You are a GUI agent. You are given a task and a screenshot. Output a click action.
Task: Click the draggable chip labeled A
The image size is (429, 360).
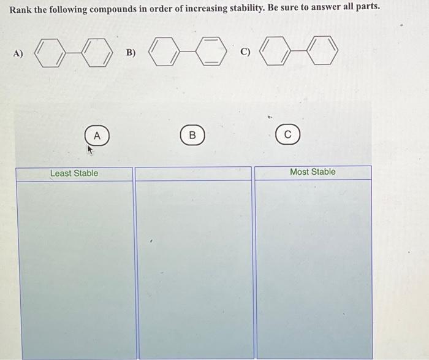tap(97, 135)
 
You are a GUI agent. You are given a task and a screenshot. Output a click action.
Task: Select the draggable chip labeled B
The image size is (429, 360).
tap(192, 135)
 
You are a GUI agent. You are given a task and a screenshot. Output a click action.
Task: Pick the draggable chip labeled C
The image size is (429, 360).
tap(288, 135)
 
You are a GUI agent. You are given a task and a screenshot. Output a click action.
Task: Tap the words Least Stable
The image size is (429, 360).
tap(74, 173)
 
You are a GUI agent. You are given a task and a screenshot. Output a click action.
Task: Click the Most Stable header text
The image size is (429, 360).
tap(313, 172)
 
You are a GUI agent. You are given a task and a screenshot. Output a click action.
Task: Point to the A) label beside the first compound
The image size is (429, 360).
tap(18, 53)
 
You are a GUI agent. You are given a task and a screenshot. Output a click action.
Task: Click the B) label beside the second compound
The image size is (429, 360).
tap(131, 53)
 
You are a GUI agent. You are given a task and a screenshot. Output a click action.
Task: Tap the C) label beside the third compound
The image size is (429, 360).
tap(245, 52)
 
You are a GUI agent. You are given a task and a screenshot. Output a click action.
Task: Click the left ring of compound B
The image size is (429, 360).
tap(165, 53)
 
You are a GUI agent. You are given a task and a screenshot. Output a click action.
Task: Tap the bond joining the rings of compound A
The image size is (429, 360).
tap(75, 54)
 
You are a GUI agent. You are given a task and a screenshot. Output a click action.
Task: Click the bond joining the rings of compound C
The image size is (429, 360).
tap(300, 52)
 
